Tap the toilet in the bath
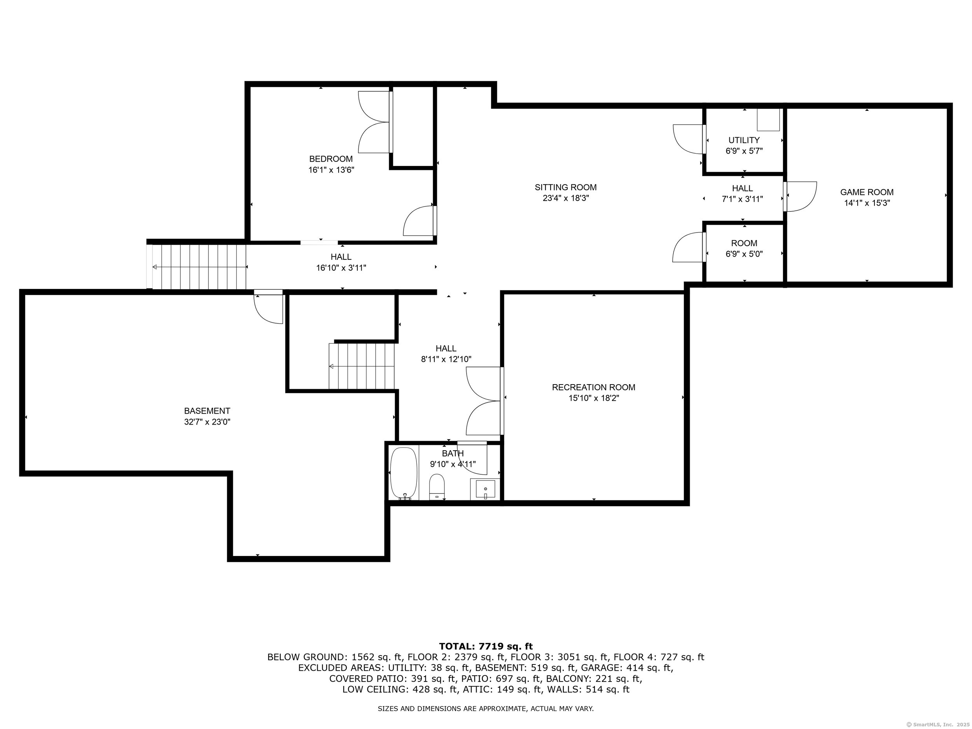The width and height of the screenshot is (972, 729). point(437,486)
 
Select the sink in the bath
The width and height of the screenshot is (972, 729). point(485,489)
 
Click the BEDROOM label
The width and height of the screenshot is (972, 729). point(331,159)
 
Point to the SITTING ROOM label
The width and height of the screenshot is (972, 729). point(566,187)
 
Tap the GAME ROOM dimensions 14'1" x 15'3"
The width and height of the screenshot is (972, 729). point(867,203)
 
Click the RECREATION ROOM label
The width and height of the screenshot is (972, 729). point(594,387)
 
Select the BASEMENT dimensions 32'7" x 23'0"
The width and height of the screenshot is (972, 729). point(207,422)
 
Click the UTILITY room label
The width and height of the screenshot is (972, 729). point(744,140)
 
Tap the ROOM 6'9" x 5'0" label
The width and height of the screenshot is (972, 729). point(744,248)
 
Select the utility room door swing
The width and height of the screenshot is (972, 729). point(688,139)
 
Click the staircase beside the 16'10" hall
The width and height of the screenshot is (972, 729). point(199,267)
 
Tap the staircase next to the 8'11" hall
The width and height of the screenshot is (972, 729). point(362,366)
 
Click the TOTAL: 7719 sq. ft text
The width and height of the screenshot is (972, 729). point(486,647)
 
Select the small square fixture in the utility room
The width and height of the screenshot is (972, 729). point(768,120)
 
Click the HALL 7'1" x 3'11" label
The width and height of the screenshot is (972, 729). point(743,193)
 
